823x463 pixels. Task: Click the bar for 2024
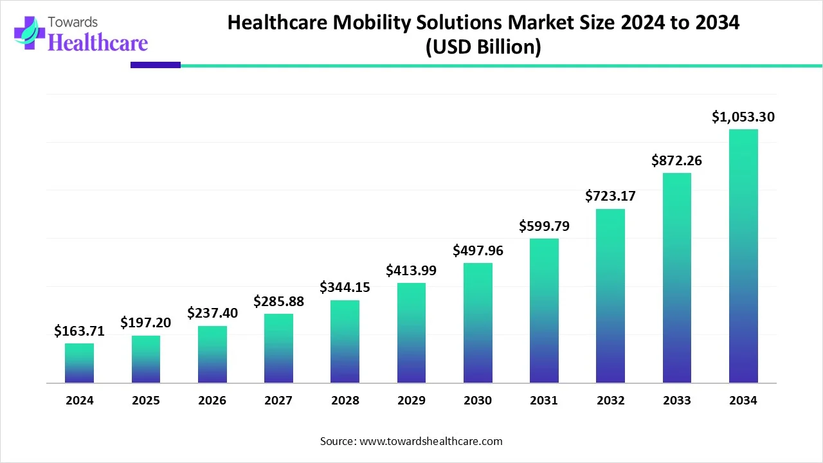[79, 363]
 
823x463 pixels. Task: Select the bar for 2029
[411, 333]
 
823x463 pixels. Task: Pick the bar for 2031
[544, 311]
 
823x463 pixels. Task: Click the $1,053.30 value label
[743, 117]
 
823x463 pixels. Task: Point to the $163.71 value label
[79, 331]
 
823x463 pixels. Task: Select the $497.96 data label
[478, 250]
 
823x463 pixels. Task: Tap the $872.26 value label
[676, 161]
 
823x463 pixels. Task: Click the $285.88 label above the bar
[278, 301]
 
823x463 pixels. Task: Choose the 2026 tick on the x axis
[212, 401]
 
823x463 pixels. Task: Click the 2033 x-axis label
[676, 401]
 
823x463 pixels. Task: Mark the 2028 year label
[345, 401]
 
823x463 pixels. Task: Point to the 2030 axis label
[478, 401]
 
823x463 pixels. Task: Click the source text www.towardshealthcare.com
[430, 441]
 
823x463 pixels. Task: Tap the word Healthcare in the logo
[98, 42]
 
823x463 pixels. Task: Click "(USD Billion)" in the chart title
[484, 48]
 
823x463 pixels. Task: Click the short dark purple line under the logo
[156, 65]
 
